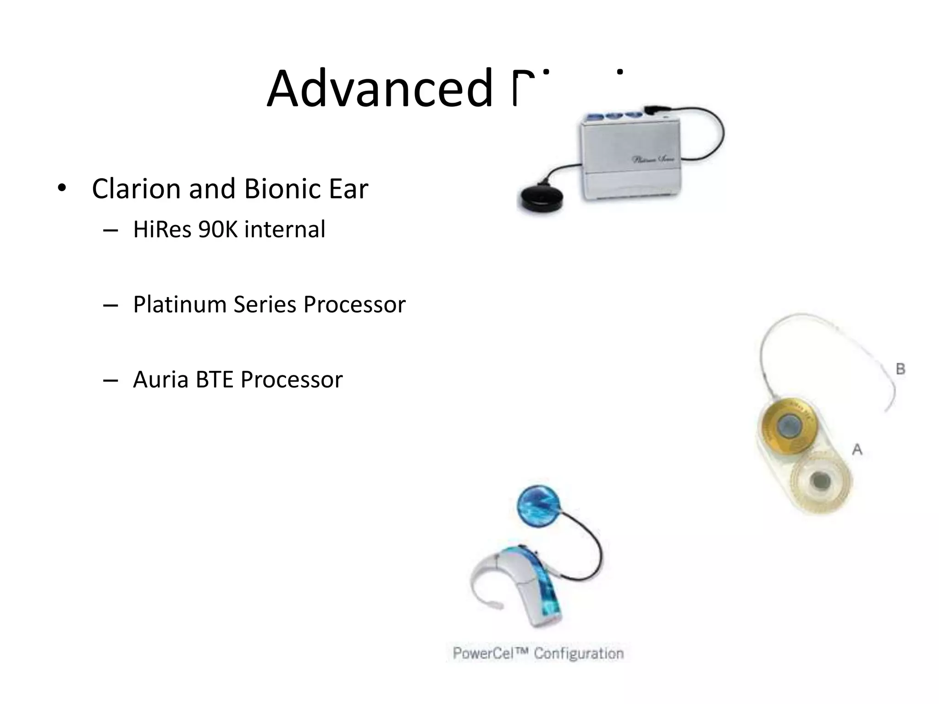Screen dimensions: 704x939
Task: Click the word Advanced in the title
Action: pyautogui.click(x=380, y=88)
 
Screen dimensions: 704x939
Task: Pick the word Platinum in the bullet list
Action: pyautogui.click(x=180, y=304)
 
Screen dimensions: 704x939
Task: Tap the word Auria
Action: pyautogui.click(x=161, y=379)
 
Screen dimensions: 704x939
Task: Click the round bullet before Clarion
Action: pyautogui.click(x=62, y=188)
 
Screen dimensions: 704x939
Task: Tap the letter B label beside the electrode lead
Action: pyautogui.click(x=900, y=369)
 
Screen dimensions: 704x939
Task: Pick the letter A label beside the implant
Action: pyautogui.click(x=857, y=450)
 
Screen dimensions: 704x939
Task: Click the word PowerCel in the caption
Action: pyautogui.click(x=490, y=653)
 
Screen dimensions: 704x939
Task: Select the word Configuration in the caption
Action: pyautogui.click(x=579, y=653)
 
